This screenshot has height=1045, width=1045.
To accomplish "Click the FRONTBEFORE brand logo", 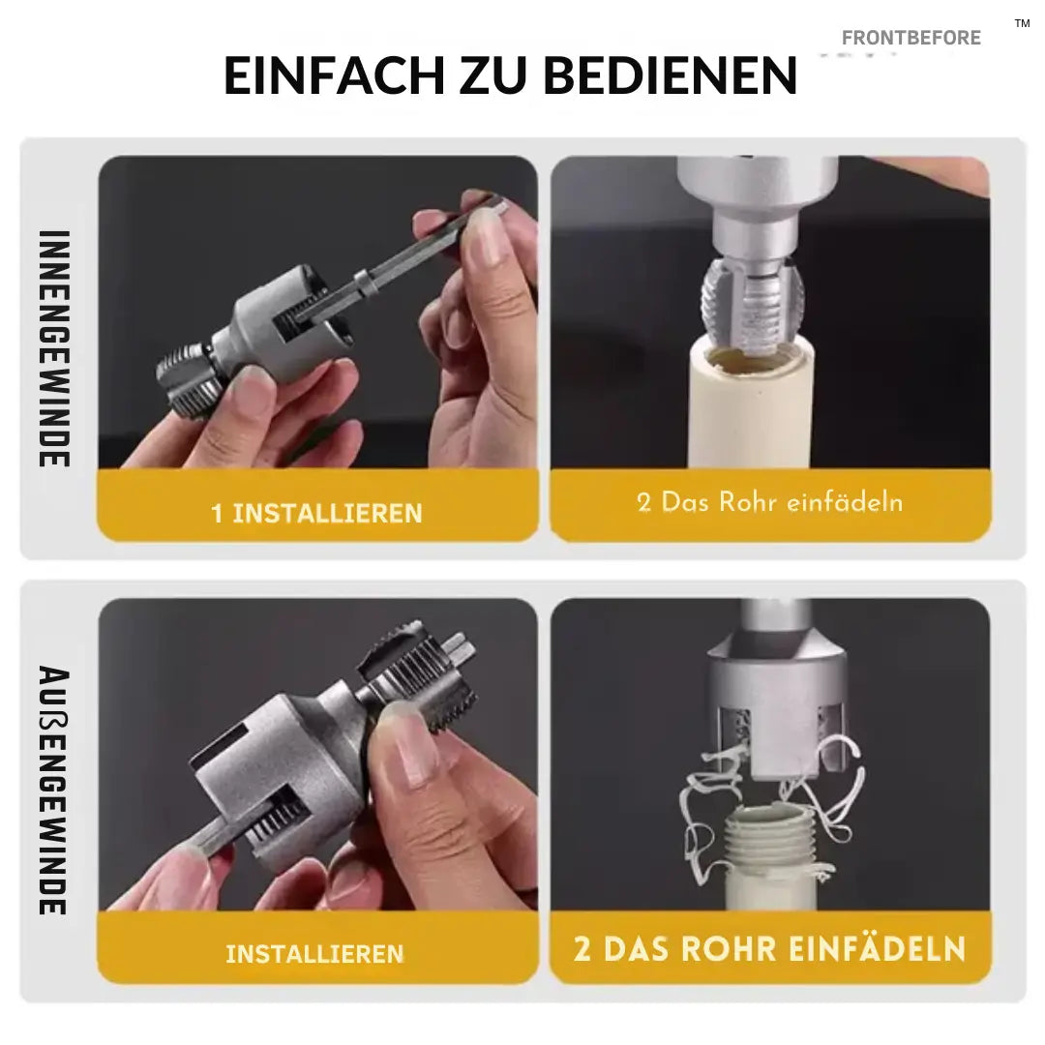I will click(911, 38).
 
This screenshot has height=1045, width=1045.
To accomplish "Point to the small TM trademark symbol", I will click(1022, 23).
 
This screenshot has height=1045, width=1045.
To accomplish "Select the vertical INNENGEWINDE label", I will click(54, 348).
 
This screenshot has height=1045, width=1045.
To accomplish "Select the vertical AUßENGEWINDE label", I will click(54, 789).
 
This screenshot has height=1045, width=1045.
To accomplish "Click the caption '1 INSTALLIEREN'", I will click(316, 512).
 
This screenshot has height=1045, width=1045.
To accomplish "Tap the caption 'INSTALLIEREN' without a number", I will click(314, 953).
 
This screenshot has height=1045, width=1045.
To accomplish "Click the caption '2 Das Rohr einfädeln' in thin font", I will click(769, 502).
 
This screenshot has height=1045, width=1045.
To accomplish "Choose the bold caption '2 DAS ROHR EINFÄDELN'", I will click(769, 948).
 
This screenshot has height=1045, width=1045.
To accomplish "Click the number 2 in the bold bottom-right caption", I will click(582, 948).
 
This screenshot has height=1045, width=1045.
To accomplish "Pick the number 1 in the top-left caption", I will click(218, 513).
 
